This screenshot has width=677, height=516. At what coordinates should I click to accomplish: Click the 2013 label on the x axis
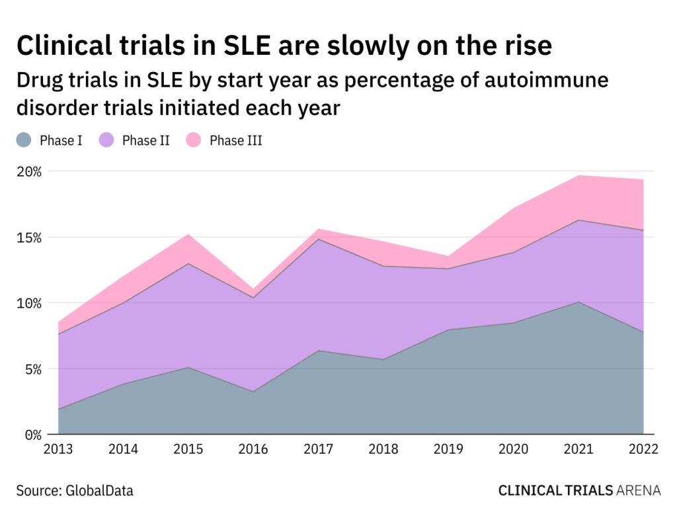click(58, 450)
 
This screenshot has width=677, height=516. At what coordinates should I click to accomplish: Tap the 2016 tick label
click(253, 450)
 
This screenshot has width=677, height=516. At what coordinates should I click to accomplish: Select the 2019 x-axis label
click(448, 450)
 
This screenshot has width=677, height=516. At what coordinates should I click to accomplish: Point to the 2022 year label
click(643, 450)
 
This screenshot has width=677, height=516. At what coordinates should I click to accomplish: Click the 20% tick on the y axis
click(28, 171)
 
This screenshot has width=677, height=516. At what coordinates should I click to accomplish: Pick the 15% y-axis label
click(28, 237)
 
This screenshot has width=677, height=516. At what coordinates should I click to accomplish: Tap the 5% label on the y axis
click(32, 369)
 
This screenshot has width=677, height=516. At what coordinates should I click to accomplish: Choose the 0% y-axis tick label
click(32, 435)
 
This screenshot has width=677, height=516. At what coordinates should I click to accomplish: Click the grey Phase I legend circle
click(24, 140)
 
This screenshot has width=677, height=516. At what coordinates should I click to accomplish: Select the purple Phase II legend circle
click(107, 140)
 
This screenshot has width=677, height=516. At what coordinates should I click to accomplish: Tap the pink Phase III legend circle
click(194, 140)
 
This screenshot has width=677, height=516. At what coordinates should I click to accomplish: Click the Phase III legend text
click(236, 140)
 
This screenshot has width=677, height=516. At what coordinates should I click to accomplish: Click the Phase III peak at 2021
click(578, 176)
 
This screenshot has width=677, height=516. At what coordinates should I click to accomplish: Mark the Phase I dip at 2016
click(253, 392)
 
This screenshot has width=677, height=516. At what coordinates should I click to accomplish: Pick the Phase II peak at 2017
click(319, 239)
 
